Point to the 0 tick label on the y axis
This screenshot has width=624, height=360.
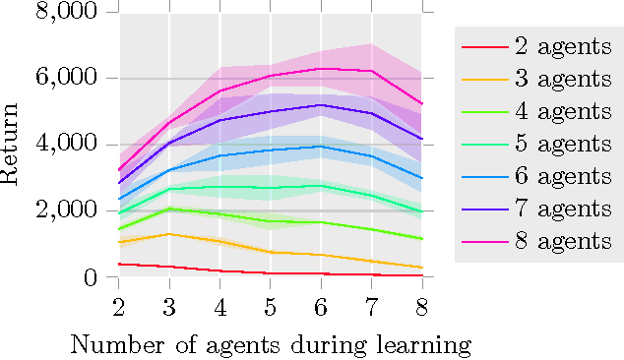[x=92, y=277]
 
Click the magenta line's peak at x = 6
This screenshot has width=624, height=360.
[x=321, y=69]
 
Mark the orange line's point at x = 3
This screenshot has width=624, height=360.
[x=169, y=234]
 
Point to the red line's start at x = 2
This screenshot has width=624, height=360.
[x=119, y=264]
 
